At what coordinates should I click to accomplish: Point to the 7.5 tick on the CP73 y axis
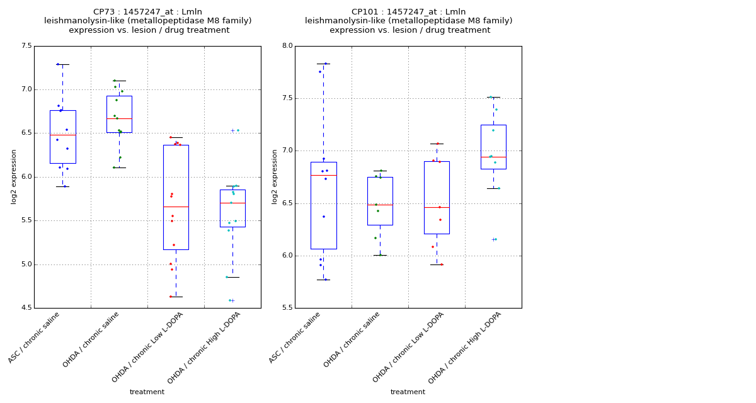tap(26, 46)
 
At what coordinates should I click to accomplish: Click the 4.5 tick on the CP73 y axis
tap(26, 308)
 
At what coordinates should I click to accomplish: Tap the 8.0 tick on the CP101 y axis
tap(287, 46)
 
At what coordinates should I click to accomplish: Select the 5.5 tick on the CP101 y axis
tap(287, 308)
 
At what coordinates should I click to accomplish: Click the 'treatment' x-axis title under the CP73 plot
tap(147, 392)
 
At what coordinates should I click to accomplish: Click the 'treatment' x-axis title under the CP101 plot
tap(408, 392)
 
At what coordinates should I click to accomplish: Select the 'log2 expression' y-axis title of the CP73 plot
tap(14, 176)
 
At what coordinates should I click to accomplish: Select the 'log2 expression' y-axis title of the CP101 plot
tap(275, 176)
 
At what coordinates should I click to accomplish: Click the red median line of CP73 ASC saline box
tap(62, 135)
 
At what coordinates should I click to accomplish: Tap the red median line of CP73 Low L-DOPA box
tap(176, 207)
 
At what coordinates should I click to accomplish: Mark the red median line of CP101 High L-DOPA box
tap(493, 157)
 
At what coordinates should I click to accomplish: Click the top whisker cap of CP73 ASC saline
tap(62, 64)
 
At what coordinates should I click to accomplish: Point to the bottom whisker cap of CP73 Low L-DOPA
tap(176, 297)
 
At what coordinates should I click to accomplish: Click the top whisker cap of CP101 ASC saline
tap(323, 64)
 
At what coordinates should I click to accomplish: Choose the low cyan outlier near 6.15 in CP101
tap(495, 239)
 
